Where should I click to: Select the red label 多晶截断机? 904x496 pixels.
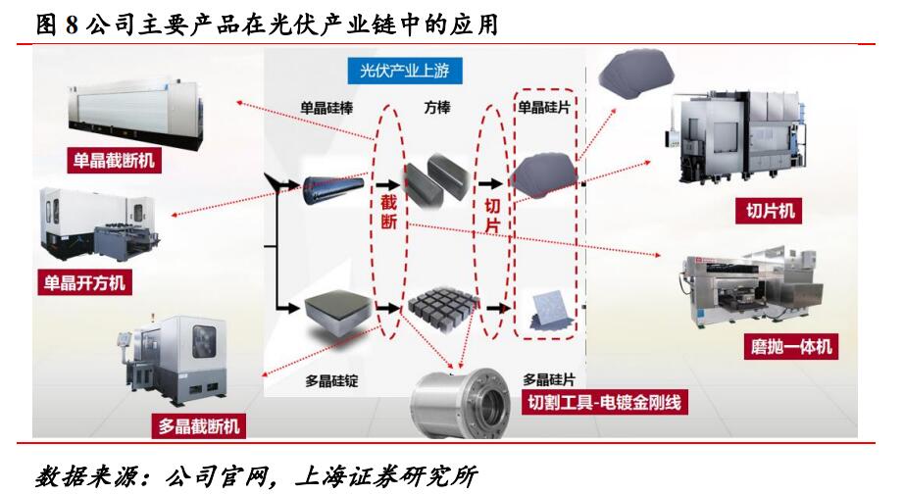click(x=198, y=426)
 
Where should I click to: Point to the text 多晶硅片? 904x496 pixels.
click(x=546, y=378)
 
